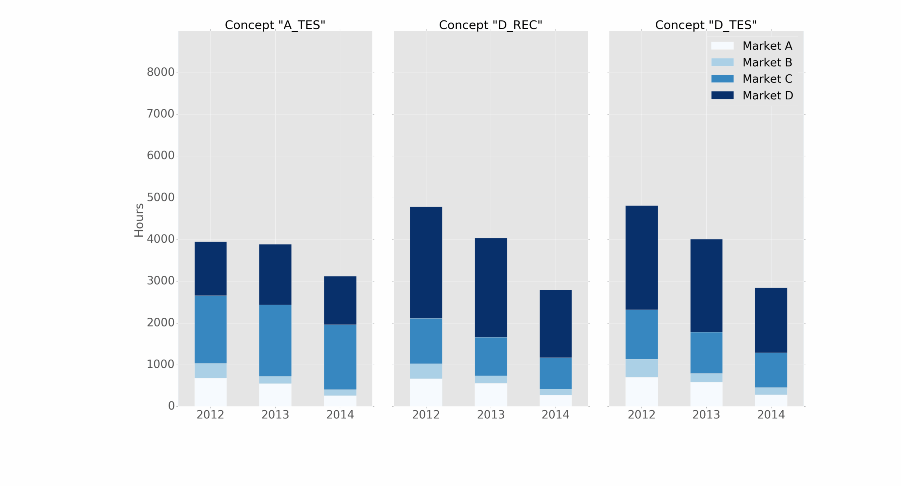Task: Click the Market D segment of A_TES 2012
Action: (210, 268)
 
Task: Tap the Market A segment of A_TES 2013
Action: (275, 394)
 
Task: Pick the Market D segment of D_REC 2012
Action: (426, 262)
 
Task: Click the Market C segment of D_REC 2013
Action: (490, 356)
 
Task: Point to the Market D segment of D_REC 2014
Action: (555, 323)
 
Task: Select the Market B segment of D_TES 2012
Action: (641, 368)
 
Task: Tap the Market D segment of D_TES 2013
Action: (706, 285)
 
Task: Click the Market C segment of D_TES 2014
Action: (770, 370)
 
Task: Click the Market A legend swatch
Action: (722, 46)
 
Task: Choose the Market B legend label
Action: (767, 62)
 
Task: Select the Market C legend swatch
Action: (722, 79)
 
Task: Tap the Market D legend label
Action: (767, 95)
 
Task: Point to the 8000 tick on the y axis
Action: (160, 72)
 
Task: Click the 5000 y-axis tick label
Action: (160, 197)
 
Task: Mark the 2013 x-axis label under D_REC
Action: (490, 415)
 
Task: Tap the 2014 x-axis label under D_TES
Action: (770, 415)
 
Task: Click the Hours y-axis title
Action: (139, 220)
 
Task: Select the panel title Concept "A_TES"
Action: (275, 25)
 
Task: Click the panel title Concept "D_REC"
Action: (490, 25)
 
